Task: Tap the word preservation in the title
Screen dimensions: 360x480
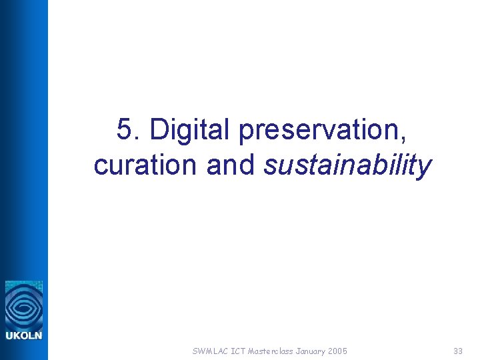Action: tap(320, 129)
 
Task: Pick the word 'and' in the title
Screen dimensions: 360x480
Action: tap(231, 165)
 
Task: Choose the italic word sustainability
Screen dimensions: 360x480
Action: tap(347, 165)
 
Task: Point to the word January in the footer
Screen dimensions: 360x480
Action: tap(311, 351)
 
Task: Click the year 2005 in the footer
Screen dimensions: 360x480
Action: tap(338, 351)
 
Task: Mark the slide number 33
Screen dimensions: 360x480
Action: tap(457, 351)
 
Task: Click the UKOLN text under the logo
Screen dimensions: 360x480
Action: tap(24, 335)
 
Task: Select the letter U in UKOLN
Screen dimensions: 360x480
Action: tap(9, 335)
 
